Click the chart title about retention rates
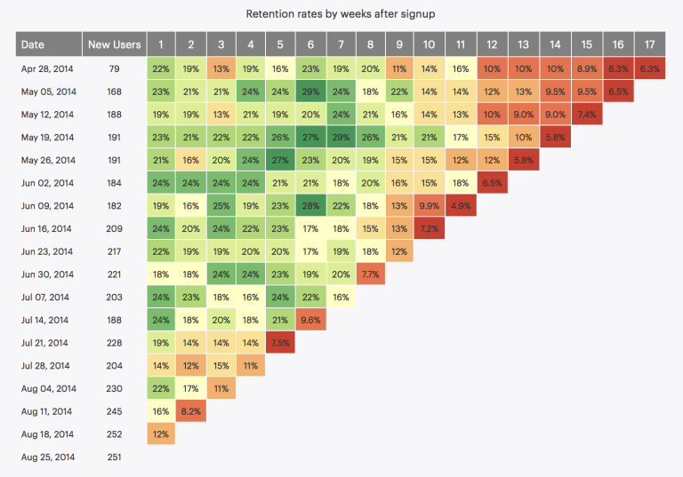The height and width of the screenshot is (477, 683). coord(341,14)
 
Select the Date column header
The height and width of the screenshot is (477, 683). coord(33,44)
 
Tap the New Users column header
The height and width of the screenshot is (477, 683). coord(113,44)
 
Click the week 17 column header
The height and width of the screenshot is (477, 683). coord(649,44)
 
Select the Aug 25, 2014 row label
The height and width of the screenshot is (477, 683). coord(48,457)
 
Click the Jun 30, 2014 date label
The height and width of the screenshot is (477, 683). coord(47,274)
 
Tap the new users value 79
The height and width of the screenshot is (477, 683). coord(114,68)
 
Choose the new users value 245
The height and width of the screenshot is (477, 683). coord(114,411)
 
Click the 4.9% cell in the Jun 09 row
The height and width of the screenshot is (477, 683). coord(459,205)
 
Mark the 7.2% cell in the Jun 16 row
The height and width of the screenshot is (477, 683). coord(429,228)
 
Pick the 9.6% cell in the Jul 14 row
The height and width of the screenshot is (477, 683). coord(310,320)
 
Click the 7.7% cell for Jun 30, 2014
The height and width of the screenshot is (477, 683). coord(369,274)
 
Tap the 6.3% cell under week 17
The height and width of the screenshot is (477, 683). coord(649,68)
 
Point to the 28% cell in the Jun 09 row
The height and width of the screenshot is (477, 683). coord(310,205)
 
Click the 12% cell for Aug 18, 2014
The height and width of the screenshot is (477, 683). coord(162,434)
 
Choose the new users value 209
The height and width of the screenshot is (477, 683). coord(114,228)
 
